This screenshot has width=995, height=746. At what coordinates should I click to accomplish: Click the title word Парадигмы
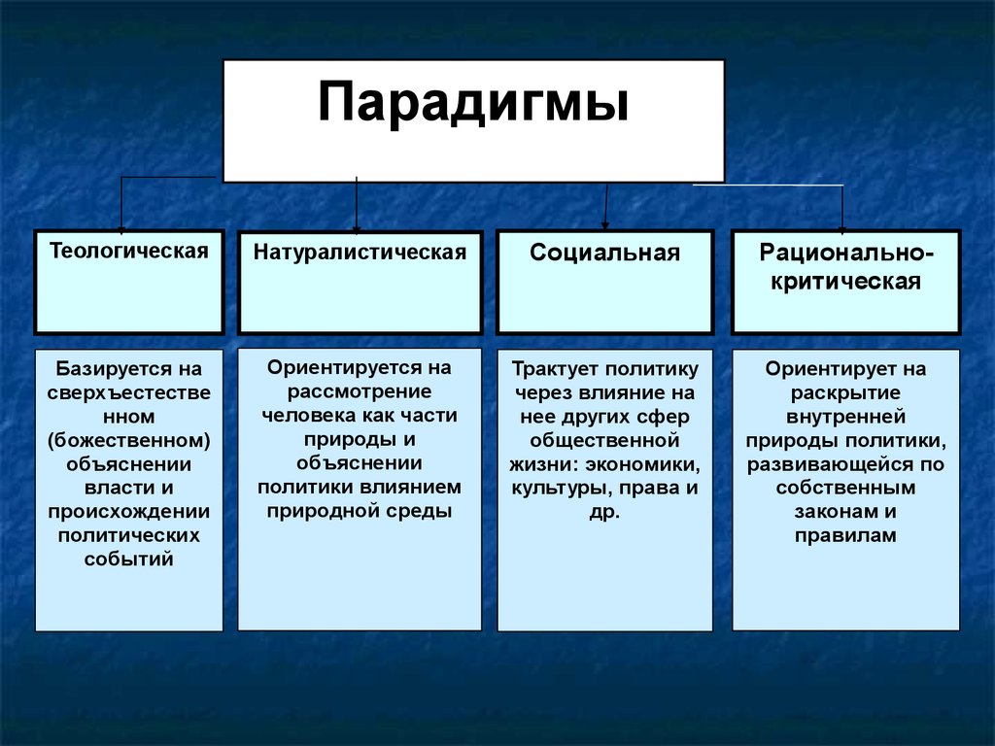point(473,102)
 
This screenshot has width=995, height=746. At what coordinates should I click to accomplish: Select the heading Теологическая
point(129,251)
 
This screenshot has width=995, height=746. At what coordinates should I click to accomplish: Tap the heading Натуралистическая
point(360,252)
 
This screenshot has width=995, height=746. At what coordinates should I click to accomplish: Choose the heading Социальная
point(604,253)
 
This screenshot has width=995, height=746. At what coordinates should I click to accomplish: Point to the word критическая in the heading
point(846,281)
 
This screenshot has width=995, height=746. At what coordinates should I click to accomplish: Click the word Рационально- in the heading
point(846,254)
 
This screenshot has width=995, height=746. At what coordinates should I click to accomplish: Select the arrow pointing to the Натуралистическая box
point(357,205)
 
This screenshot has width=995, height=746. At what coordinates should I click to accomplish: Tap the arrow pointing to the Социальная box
point(606,207)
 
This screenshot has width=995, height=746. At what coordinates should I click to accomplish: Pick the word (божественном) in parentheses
point(129,440)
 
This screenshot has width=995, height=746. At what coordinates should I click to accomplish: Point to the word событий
point(129,559)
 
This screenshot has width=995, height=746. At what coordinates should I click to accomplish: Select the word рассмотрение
point(360,391)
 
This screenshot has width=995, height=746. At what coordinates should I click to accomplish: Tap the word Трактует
point(555,368)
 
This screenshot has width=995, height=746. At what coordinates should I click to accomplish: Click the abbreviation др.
point(604,512)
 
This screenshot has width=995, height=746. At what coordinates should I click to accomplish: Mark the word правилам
point(846,535)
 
